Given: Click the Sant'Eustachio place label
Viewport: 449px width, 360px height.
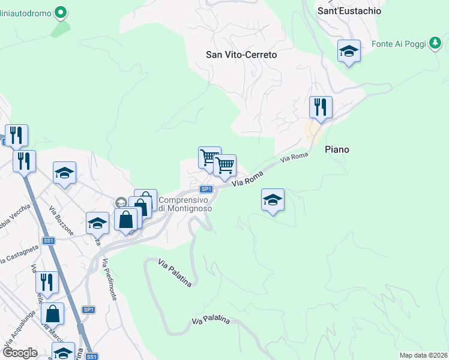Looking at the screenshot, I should tap(349, 11).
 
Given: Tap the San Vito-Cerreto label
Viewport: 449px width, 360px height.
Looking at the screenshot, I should tap(241, 55).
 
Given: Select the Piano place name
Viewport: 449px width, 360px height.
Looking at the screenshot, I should tap(337, 149).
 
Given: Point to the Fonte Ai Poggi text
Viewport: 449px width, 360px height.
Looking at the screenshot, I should tap(398, 44).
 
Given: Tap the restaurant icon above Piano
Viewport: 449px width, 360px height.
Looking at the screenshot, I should tap(321, 107).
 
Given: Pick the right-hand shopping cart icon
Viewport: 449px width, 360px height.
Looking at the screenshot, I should tap(224, 164).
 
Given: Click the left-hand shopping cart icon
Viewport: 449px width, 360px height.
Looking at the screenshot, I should tap(209, 157).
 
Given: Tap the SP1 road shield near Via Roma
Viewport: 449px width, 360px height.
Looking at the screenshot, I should tap(206, 189).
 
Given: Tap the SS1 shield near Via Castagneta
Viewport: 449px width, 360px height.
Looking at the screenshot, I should tap(49, 241).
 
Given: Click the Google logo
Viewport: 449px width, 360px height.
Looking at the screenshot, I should tap(20, 353).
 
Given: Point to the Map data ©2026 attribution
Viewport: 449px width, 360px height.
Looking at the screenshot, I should tap(423, 355).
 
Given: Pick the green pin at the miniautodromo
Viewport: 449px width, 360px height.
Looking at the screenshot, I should tap(61, 11).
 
